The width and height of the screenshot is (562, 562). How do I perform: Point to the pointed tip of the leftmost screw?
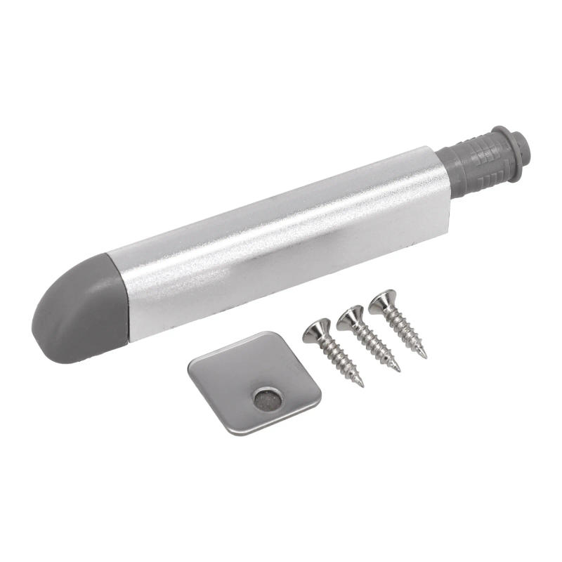click(362, 385)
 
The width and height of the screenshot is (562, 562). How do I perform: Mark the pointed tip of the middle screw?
click(398, 370)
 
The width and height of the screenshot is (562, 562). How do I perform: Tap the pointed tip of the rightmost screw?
click(424, 356)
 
